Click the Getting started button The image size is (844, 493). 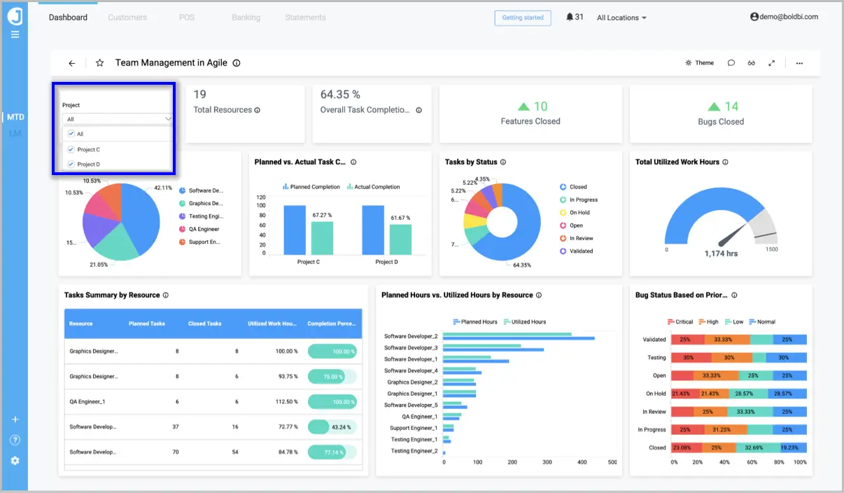522,18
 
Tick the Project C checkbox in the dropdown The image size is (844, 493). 71,149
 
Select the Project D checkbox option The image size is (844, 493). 71,165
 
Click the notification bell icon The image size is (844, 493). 569,18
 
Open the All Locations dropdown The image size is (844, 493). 621,18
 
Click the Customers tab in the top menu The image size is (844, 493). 127,18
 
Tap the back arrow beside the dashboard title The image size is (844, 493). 71,63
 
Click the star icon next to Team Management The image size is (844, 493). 99,63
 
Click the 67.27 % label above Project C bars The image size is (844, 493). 322,215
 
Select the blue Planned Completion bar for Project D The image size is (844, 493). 373,230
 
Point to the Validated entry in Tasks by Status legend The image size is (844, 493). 581,251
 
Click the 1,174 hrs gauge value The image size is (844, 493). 721,254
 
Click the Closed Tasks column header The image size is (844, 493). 204,324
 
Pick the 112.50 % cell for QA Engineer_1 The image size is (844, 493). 286,402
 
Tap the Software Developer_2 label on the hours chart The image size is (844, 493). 411,337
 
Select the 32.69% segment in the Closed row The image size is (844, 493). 754,447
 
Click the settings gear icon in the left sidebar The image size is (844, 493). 15,461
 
